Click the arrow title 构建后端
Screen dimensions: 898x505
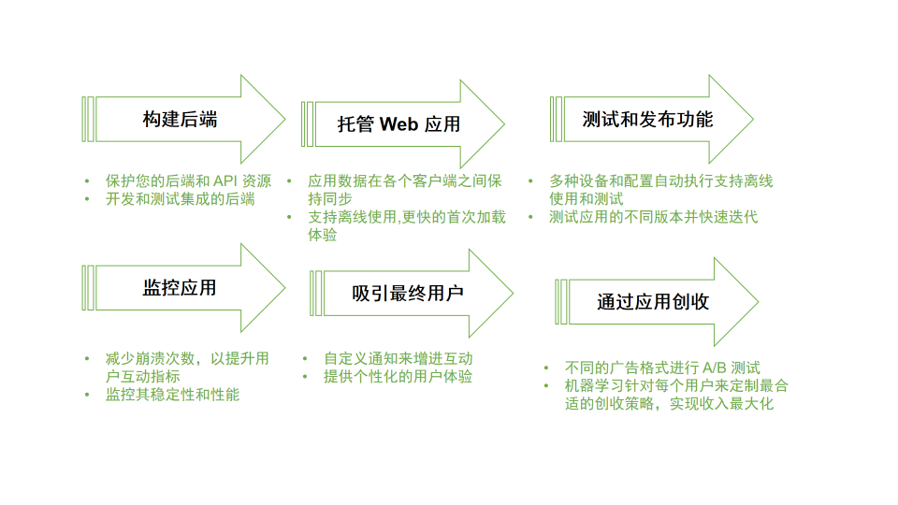[180, 119]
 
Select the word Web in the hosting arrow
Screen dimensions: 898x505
[398, 123]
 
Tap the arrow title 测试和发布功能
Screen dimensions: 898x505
[647, 119]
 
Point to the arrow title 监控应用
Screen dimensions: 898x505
[180, 287]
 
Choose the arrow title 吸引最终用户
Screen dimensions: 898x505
[408, 293]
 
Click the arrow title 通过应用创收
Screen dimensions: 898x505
[653, 302]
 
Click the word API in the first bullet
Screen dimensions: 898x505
[225, 180]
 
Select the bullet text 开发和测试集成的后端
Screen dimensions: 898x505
[181, 198]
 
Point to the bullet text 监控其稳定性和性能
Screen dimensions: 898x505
[172, 395]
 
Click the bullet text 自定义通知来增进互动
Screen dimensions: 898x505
[398, 358]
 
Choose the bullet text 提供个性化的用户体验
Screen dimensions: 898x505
[398, 376]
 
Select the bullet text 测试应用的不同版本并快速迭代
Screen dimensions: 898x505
[654, 216]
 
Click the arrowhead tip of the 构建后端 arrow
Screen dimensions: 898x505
[284, 119]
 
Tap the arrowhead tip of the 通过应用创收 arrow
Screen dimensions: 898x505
[759, 302]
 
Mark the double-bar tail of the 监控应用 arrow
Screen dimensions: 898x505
[88, 287]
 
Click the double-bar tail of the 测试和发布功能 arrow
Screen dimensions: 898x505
[556, 119]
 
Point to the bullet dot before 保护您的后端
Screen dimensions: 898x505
[87, 181]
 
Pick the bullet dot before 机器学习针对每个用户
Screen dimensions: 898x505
[546, 386]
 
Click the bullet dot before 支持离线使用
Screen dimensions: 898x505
[289, 217]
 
